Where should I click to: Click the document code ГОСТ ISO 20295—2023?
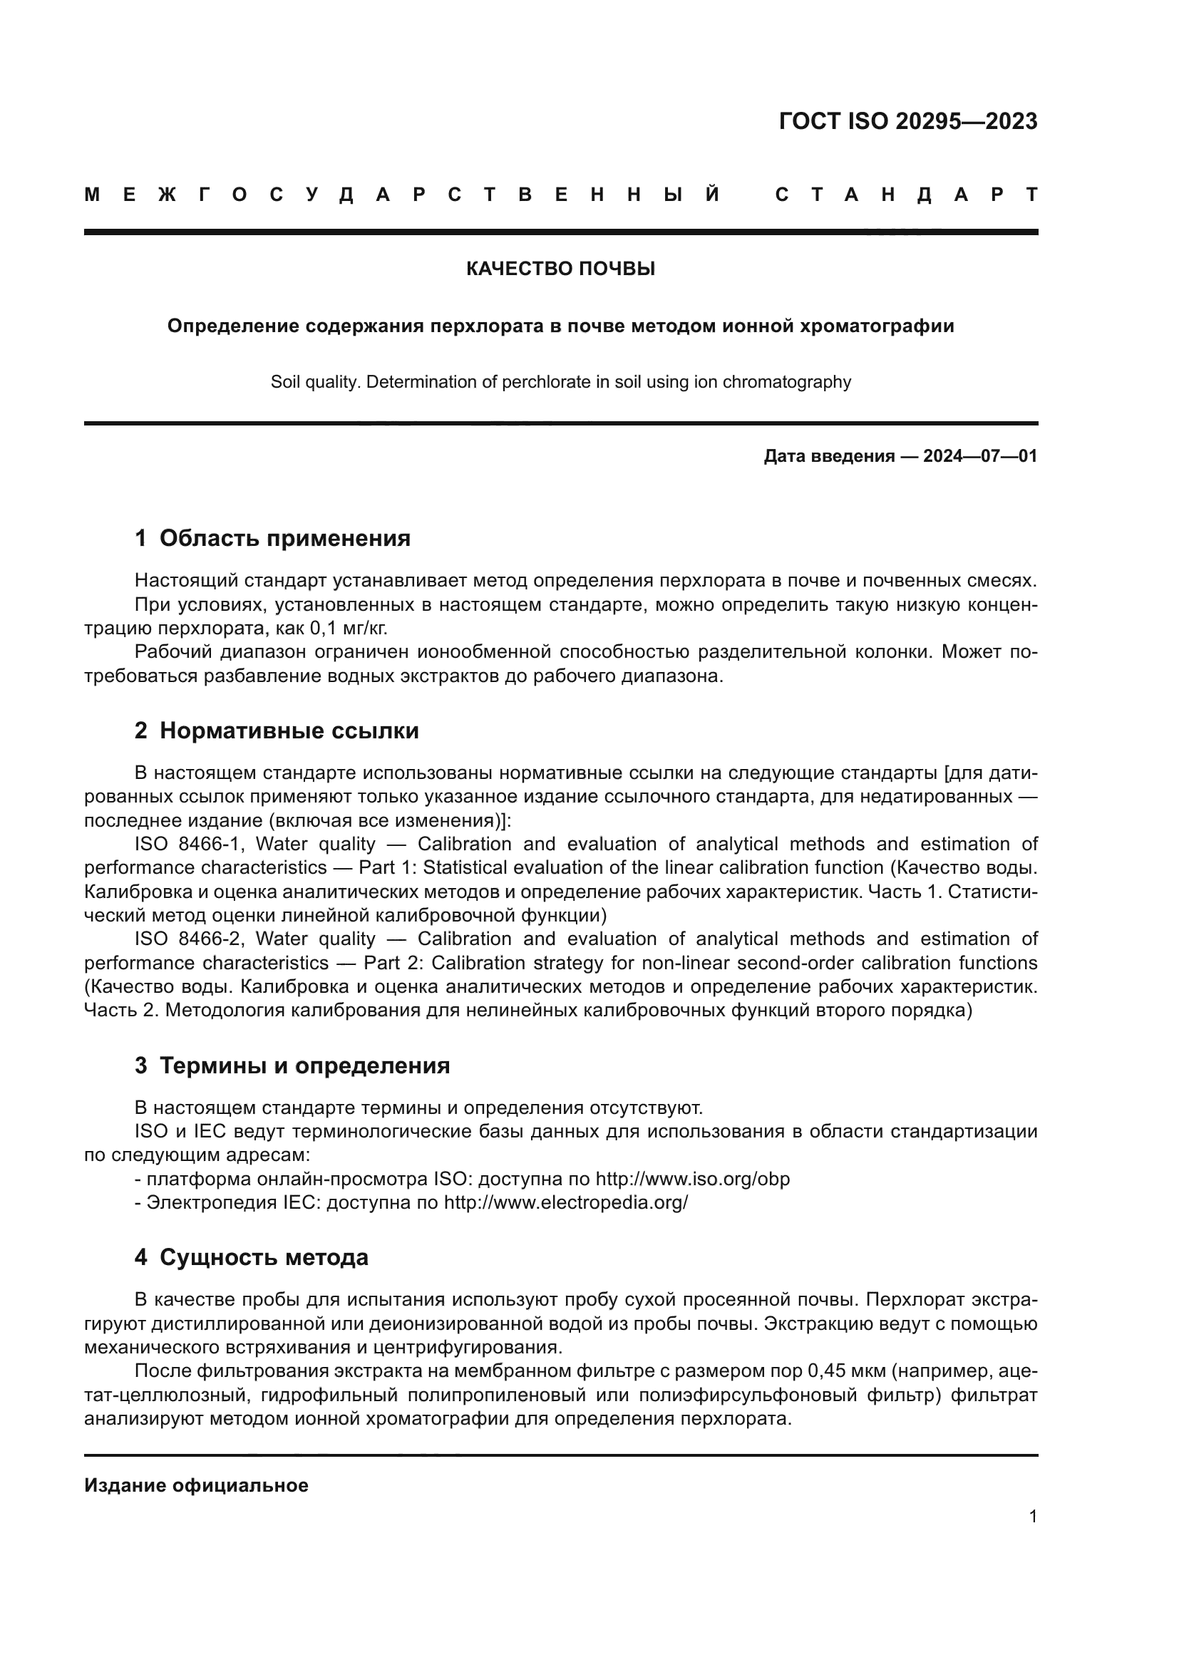(907, 121)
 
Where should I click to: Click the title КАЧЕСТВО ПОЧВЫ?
(560, 269)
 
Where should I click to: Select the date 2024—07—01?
(980, 456)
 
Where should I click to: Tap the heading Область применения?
(284, 539)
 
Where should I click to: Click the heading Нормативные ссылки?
(289, 731)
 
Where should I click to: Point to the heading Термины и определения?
(304, 1065)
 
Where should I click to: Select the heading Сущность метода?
(264, 1257)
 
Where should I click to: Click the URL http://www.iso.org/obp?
(693, 1179)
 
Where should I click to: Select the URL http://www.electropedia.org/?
(565, 1203)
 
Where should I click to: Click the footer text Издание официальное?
(196, 1485)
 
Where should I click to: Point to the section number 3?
(141, 1065)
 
